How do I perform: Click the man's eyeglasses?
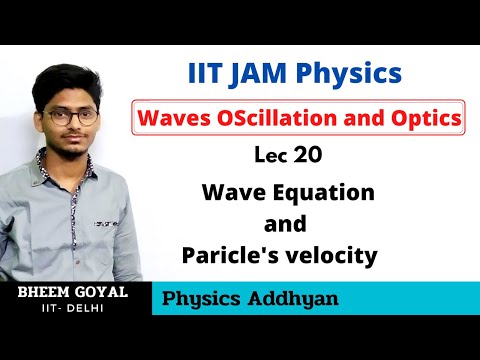[x=71, y=116]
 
